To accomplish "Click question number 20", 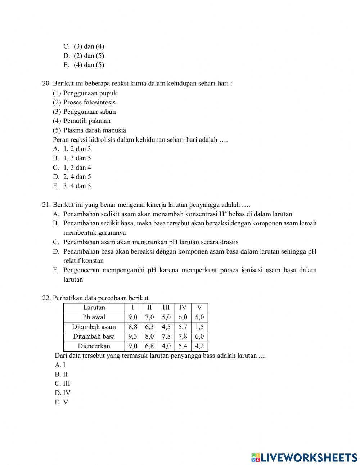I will tap(46, 84).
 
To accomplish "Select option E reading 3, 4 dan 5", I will tap(72, 186).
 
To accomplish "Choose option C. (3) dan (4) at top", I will tap(84, 46).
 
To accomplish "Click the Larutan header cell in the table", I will tap(94, 308).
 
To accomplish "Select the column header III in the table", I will tap(166, 308).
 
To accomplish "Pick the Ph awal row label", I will tap(94, 317).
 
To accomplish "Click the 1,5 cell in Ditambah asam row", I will tap(199, 327).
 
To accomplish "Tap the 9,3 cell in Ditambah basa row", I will tap(133, 336).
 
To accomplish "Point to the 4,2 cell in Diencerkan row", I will tap(199, 346).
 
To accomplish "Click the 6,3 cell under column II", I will tap(149, 327).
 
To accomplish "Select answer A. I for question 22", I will tap(60, 365).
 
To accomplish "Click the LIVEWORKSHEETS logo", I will tap(304, 457).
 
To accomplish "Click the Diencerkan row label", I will tap(94, 346).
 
